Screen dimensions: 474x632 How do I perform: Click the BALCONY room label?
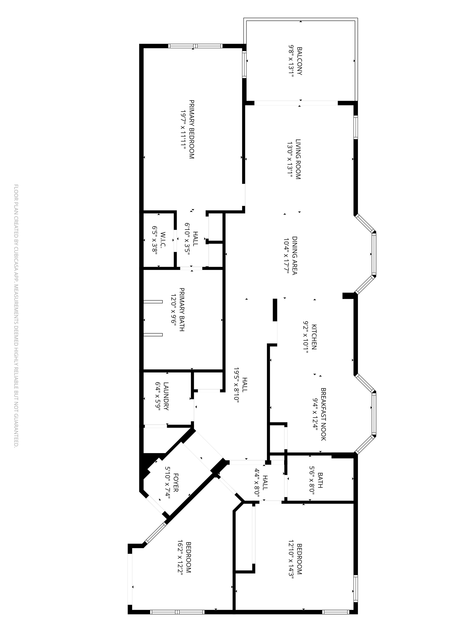300,61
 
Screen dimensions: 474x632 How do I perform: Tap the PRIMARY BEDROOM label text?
191,129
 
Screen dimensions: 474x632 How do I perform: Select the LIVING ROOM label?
298,159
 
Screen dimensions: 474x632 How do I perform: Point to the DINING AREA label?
295,255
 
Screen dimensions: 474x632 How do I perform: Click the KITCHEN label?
314,337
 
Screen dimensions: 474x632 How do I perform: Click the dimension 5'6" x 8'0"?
312,481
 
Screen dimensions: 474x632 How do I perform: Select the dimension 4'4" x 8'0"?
257,483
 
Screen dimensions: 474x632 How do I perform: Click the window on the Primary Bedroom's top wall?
195,46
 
